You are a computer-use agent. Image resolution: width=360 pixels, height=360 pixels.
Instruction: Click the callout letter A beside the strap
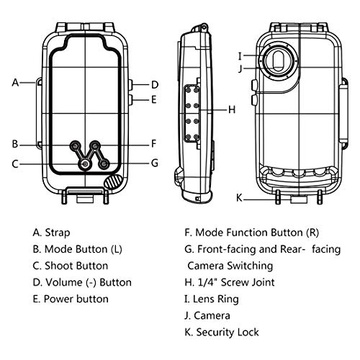point(15,82)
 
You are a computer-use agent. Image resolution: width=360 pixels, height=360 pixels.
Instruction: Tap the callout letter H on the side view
point(232,109)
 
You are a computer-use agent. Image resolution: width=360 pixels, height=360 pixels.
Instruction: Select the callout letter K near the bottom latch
point(239,198)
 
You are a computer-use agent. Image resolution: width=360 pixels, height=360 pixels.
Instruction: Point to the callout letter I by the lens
point(240,56)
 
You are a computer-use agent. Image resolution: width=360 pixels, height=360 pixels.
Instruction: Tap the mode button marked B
point(75,145)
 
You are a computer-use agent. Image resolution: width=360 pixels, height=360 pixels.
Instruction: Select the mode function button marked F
point(96,145)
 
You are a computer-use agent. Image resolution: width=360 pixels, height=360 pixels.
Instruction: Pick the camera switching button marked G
point(104,164)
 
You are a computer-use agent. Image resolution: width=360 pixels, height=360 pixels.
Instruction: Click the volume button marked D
point(130,85)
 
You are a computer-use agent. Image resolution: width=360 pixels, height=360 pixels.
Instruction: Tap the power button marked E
point(130,99)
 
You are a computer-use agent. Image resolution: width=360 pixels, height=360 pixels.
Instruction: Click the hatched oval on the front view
point(113,181)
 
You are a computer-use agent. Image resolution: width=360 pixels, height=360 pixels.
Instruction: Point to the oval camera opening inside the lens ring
point(278,60)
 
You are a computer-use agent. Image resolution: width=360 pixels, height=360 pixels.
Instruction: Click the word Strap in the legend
point(58,233)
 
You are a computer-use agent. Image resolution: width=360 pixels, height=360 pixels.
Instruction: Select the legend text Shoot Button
point(76,266)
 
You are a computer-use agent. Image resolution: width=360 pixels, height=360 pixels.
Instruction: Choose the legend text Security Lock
point(228,333)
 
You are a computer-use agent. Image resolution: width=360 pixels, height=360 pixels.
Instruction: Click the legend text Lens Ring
point(216,300)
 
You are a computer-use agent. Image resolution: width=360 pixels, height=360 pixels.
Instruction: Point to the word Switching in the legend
point(250,266)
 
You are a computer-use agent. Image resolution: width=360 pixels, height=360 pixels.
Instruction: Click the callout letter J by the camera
point(240,69)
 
